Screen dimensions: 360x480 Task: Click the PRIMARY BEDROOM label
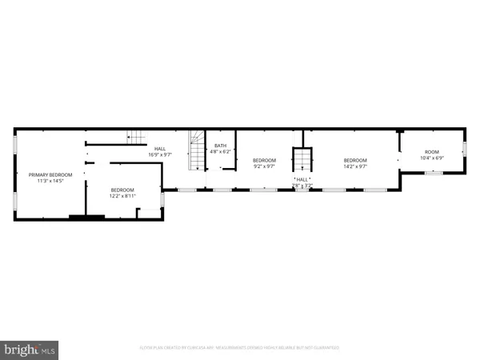point(50,174)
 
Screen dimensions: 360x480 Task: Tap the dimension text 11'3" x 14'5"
point(50,181)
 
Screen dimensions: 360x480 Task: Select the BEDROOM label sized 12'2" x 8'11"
point(123,190)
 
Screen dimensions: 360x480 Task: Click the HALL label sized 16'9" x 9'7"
point(160,148)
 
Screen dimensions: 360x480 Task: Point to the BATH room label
point(220,146)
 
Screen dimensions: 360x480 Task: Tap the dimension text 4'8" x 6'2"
point(220,152)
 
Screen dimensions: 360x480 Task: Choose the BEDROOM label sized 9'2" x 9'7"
point(265,161)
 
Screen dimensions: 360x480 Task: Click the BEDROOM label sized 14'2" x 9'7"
point(354,161)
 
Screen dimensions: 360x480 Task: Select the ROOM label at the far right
point(432,152)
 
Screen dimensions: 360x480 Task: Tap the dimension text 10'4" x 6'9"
point(432,158)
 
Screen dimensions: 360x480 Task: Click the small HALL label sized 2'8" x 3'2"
point(302,180)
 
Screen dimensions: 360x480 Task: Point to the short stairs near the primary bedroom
point(141,137)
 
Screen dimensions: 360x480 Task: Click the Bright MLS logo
point(30,349)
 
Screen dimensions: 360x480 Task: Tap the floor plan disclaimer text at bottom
point(240,348)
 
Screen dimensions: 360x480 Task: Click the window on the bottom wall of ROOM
point(433,172)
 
